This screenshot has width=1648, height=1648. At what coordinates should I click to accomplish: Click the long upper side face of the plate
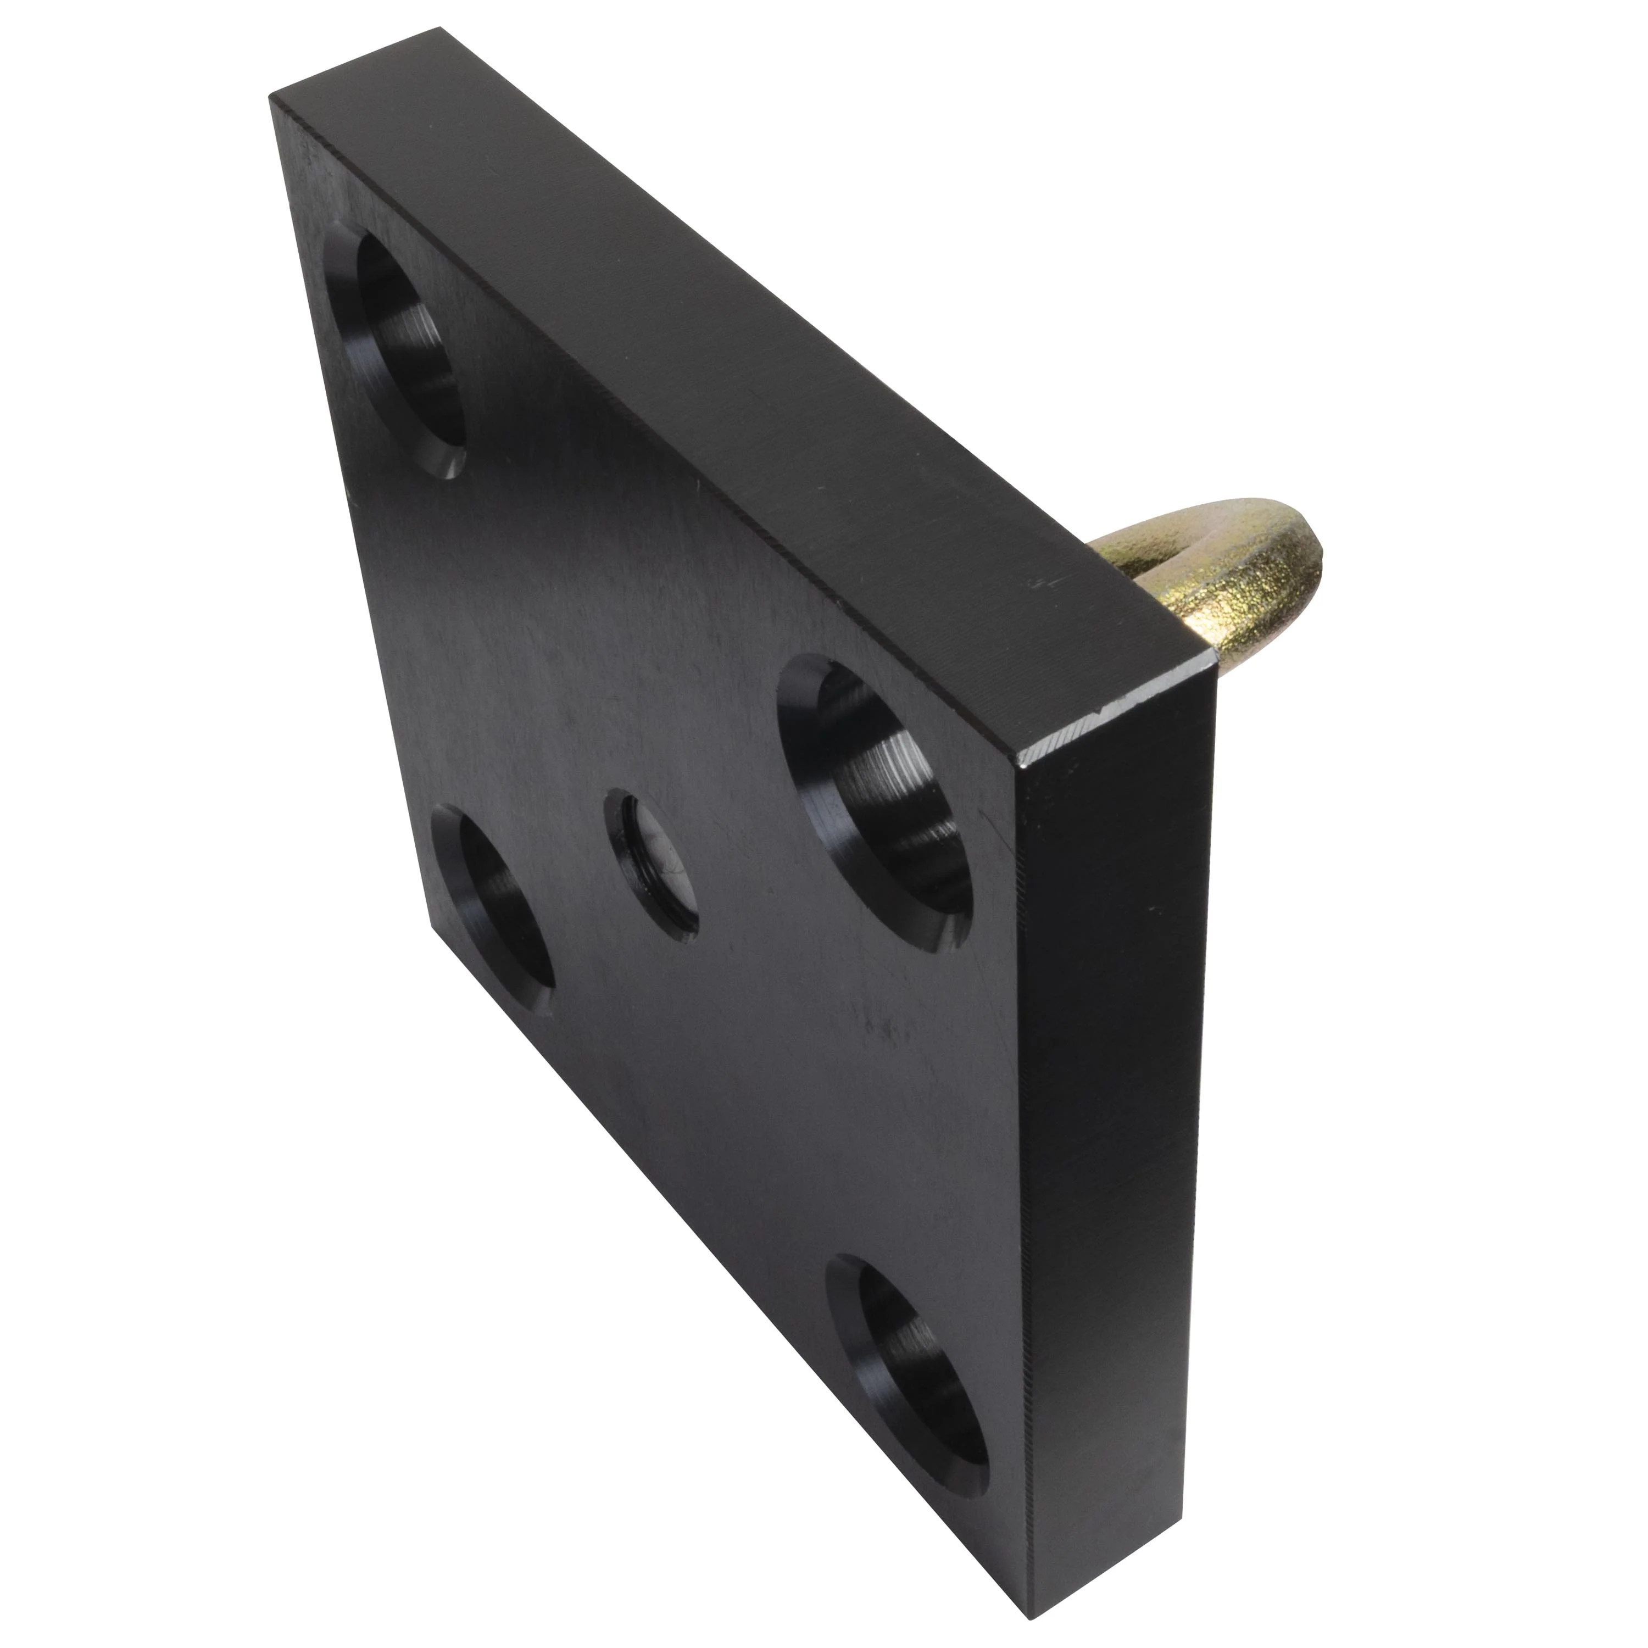point(725,341)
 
